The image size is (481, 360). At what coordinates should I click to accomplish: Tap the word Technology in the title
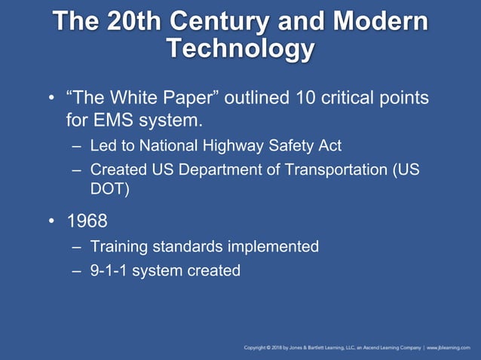240,48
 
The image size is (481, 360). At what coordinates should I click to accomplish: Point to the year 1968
87,222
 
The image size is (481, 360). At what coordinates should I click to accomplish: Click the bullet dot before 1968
51,222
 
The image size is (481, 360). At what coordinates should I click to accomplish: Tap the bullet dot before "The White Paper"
51,99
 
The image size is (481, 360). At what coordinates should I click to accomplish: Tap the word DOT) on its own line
110,189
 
